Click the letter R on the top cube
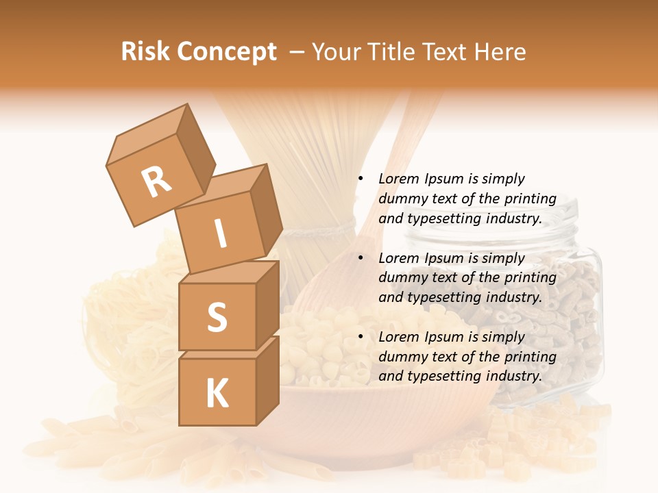point(156,181)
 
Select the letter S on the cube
point(217,316)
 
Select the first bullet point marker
point(361,179)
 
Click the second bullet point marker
point(361,258)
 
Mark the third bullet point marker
point(361,337)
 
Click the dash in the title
point(297,52)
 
